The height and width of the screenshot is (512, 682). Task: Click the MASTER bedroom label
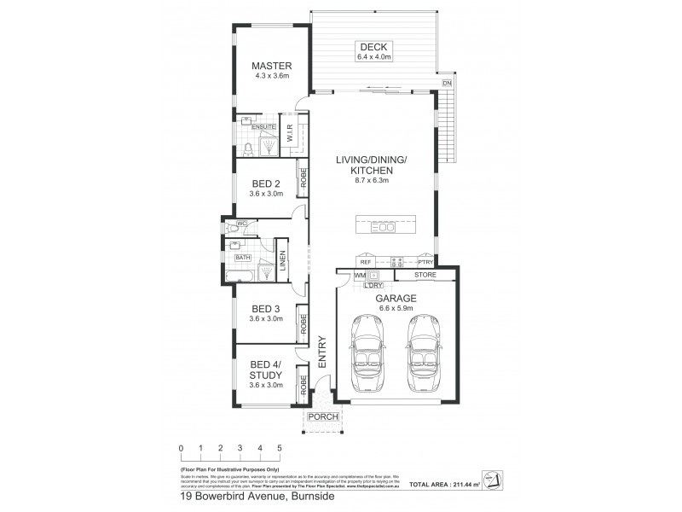(273, 66)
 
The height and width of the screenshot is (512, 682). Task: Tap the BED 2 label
(266, 183)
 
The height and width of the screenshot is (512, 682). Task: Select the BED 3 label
(266, 309)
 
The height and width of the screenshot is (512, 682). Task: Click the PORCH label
(324, 417)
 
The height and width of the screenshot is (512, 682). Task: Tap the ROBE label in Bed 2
(303, 180)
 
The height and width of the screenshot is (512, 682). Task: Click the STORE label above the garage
(425, 275)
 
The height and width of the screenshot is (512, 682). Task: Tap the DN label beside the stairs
(448, 83)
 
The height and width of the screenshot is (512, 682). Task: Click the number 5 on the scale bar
(279, 447)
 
